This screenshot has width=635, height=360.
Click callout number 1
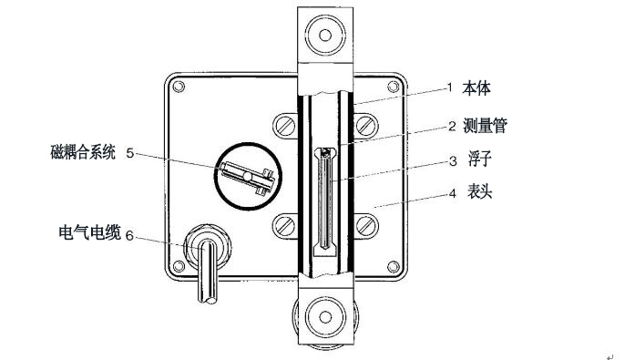click(x=450, y=88)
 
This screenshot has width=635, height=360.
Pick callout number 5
click(x=130, y=154)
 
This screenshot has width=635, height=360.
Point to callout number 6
click(x=129, y=236)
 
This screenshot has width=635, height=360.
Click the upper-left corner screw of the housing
click(x=179, y=87)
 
